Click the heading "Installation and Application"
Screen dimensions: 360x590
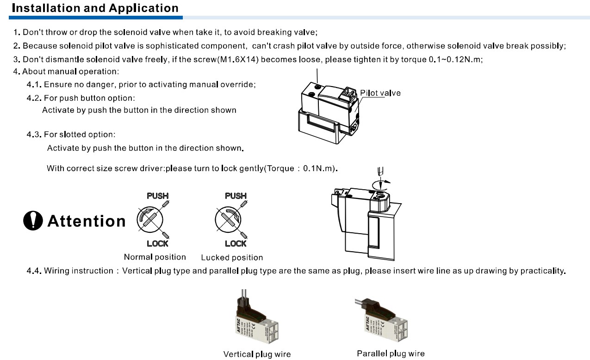click(95, 8)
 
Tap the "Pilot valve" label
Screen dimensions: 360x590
click(380, 93)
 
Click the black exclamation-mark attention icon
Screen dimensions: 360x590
click(33, 221)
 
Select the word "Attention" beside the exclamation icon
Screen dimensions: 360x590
click(87, 221)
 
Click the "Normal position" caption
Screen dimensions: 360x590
click(155, 257)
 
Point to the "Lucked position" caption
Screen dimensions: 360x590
click(232, 258)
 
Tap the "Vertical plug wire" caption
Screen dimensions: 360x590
click(257, 354)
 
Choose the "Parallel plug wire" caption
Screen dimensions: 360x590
click(391, 354)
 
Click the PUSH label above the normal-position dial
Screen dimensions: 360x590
click(157, 196)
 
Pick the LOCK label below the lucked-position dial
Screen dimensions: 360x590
click(236, 243)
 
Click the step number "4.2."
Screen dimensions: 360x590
click(34, 99)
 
